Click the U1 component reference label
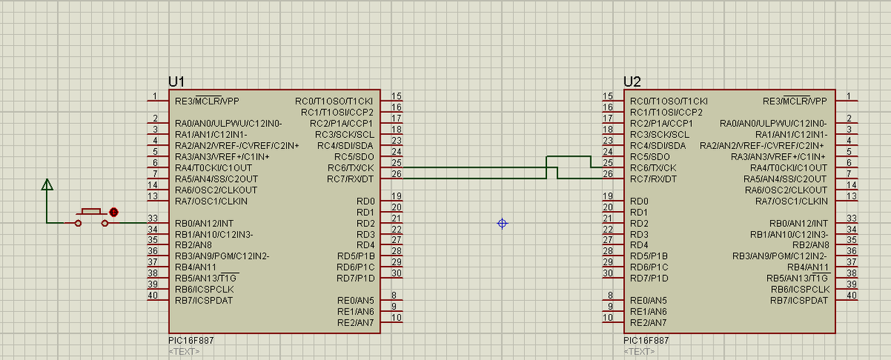pos(176,82)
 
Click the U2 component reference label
pos(632,82)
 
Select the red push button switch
pos(91,217)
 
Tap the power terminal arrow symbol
pos(47,185)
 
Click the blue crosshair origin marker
pos(503,224)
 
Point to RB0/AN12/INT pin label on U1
pos(204,224)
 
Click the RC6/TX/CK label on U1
pos(351,168)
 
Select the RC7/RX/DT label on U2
pos(653,179)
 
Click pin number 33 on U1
pos(152,218)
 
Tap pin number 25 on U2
pos(608,162)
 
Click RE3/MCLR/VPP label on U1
pos(207,101)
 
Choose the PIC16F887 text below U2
pos(646,341)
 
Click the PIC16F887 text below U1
pos(191,341)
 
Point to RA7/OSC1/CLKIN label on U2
pos(791,201)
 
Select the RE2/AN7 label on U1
pos(356,322)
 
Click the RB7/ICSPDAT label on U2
pos(799,300)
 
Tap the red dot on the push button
pos(113,212)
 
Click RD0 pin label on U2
pos(639,201)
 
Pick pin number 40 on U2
pos(851,295)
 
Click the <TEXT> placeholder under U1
pos(184,352)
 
